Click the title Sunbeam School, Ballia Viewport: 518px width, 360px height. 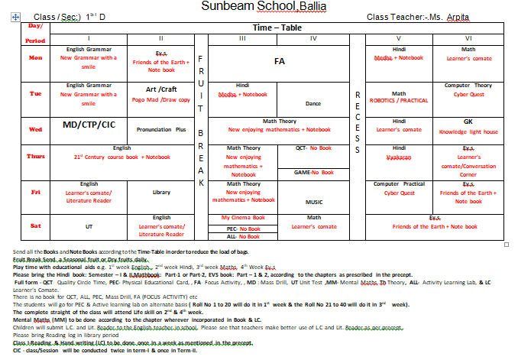pos(258,7)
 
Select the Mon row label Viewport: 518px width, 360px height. pos(35,57)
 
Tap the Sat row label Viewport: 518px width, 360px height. pos(35,227)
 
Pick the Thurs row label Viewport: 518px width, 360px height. pos(35,156)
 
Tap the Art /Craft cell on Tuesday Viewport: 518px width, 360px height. pos(161,94)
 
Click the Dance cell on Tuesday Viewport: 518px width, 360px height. pos(313,102)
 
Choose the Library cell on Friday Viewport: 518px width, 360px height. pos(161,193)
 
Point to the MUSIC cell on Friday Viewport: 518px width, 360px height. pos(314,202)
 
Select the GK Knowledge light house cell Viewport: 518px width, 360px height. pos(468,125)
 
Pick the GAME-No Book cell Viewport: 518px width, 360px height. pos(314,172)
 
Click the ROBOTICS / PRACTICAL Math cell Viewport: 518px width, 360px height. pos(399,98)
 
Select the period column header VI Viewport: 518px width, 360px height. pos(468,37)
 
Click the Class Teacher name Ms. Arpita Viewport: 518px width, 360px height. pos(458,17)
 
